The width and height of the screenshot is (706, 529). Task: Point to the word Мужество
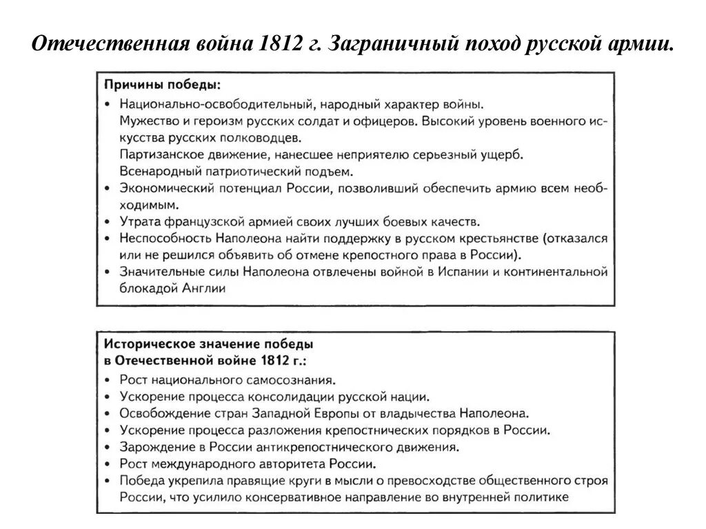pos(147,120)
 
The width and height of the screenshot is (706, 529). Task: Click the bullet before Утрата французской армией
pos(108,222)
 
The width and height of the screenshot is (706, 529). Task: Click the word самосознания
pos(292,379)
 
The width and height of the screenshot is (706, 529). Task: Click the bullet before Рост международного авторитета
pos(108,464)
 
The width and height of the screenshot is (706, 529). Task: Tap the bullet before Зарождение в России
pos(108,448)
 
